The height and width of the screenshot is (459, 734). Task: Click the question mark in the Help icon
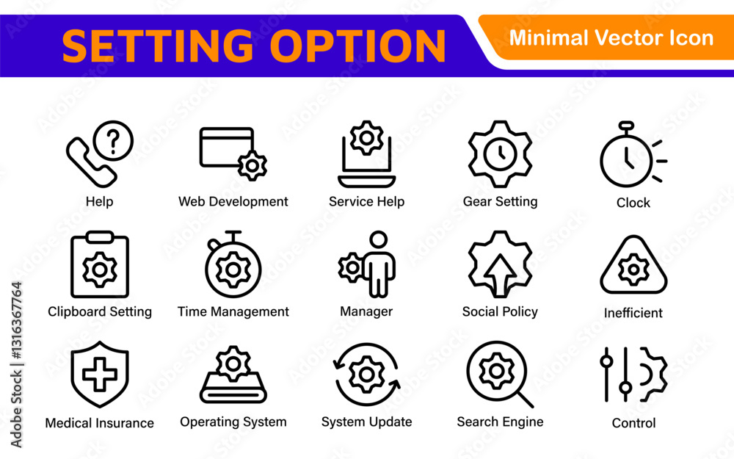(x=113, y=140)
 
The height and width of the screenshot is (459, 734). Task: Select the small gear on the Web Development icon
(x=252, y=165)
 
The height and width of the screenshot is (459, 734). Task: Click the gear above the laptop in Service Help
(x=366, y=138)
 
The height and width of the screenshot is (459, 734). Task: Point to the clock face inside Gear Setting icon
(x=501, y=153)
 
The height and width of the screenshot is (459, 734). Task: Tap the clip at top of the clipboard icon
(x=100, y=236)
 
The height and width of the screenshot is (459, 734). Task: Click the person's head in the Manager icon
(x=378, y=239)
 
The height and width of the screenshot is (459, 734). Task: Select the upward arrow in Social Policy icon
(x=501, y=275)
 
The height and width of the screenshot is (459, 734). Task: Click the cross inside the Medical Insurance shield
(x=100, y=375)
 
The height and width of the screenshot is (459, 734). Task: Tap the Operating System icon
(x=233, y=375)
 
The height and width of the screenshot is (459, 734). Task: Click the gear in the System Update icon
(x=366, y=375)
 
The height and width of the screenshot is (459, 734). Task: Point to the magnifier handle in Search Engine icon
(x=526, y=400)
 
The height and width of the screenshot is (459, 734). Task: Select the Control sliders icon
(x=633, y=375)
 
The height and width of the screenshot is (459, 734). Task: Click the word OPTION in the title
(x=357, y=46)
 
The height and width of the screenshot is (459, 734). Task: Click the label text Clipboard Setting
(x=100, y=311)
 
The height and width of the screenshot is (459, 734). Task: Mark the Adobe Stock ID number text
(x=17, y=321)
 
